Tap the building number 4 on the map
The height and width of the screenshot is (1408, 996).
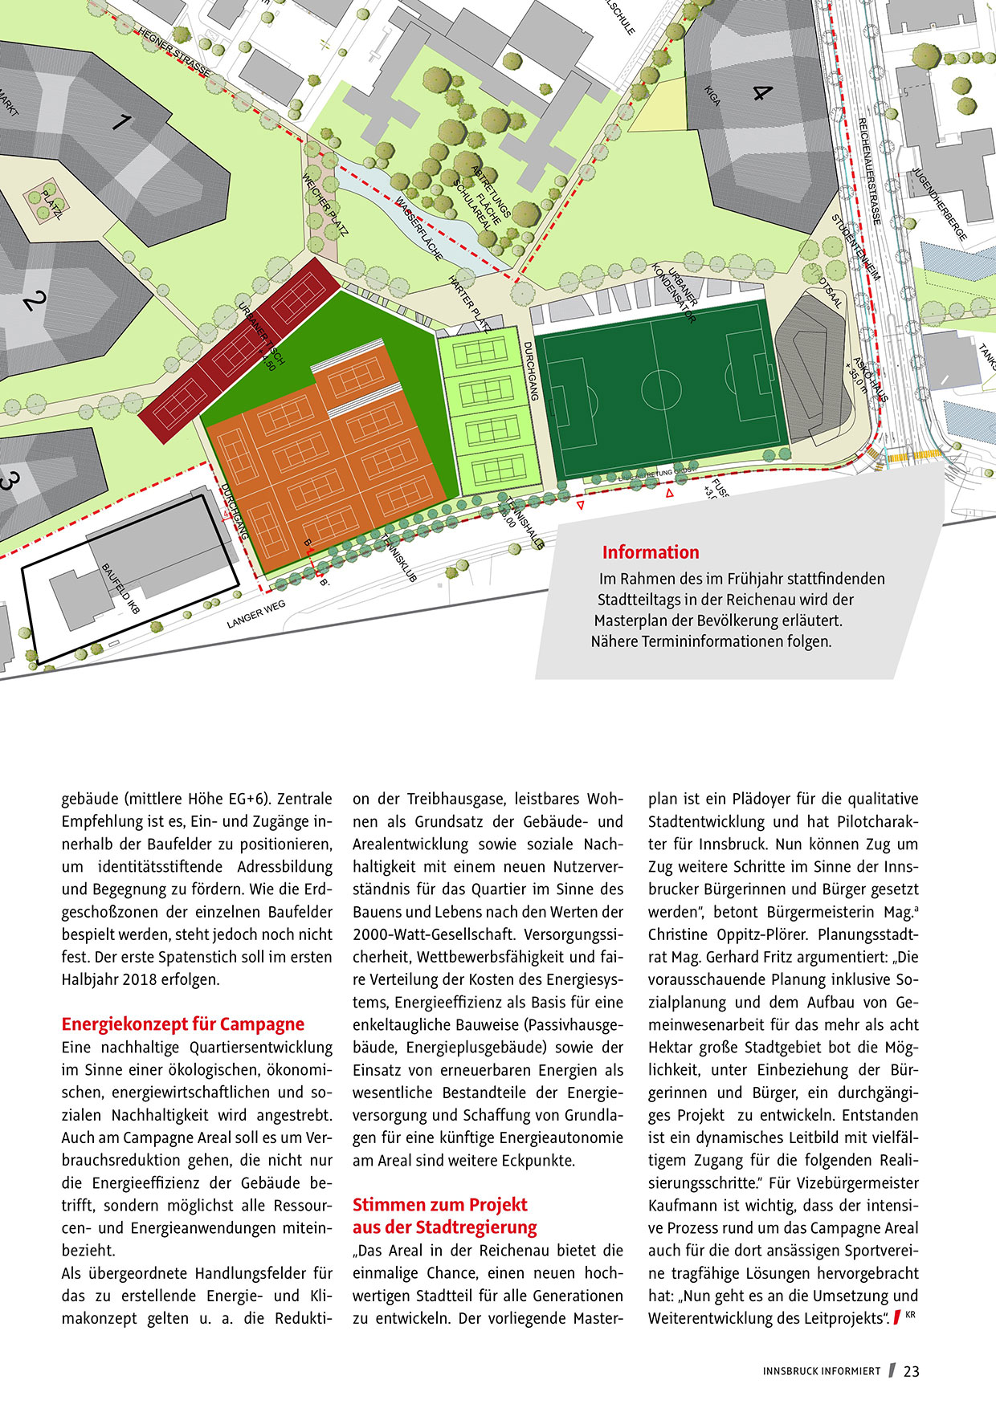click(x=760, y=92)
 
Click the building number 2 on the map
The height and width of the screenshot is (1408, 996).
click(x=35, y=303)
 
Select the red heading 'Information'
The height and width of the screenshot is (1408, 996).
click(x=651, y=552)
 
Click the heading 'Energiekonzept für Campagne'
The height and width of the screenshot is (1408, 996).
click(x=183, y=1024)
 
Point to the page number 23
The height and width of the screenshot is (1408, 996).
click(x=911, y=1371)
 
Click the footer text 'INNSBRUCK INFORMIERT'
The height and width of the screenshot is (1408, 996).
click(x=822, y=1371)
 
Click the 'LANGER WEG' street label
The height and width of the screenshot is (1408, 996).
click(x=256, y=614)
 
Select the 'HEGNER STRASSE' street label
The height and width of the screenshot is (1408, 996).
click(x=173, y=53)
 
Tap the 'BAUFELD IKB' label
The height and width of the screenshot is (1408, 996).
click(x=121, y=588)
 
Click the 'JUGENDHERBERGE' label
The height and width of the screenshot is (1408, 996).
click(x=940, y=205)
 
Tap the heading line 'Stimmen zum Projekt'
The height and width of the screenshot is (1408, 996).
click(x=440, y=1205)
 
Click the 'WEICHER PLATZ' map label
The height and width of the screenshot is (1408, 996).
click(x=325, y=206)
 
